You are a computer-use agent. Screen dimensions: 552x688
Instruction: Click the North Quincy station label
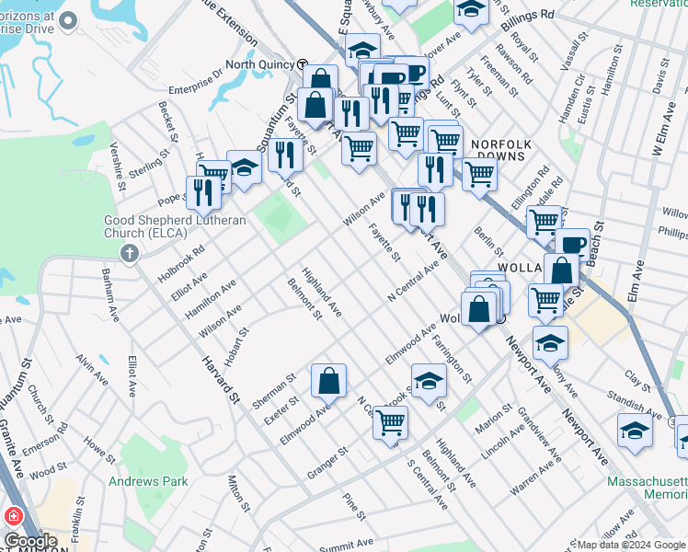(259, 64)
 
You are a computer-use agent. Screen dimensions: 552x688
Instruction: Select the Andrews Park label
(148, 481)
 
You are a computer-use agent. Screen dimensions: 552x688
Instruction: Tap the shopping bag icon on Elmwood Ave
(328, 380)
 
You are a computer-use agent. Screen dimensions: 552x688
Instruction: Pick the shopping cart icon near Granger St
(390, 422)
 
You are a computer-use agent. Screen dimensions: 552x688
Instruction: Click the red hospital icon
(14, 518)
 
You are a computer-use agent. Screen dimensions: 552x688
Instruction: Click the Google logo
(30, 542)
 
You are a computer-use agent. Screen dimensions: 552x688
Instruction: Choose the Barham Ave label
(110, 293)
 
